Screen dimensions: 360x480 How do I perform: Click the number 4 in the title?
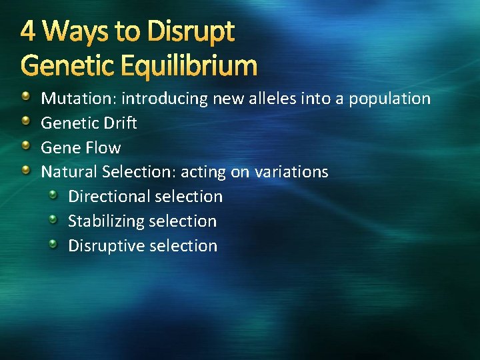point(27,31)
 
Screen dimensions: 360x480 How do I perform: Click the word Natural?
point(69,171)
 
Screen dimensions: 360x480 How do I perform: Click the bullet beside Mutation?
point(25,99)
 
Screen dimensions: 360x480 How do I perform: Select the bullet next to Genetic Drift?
point(25,123)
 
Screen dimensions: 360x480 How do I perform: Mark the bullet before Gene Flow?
point(25,147)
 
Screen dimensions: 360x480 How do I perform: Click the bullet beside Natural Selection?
point(25,171)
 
